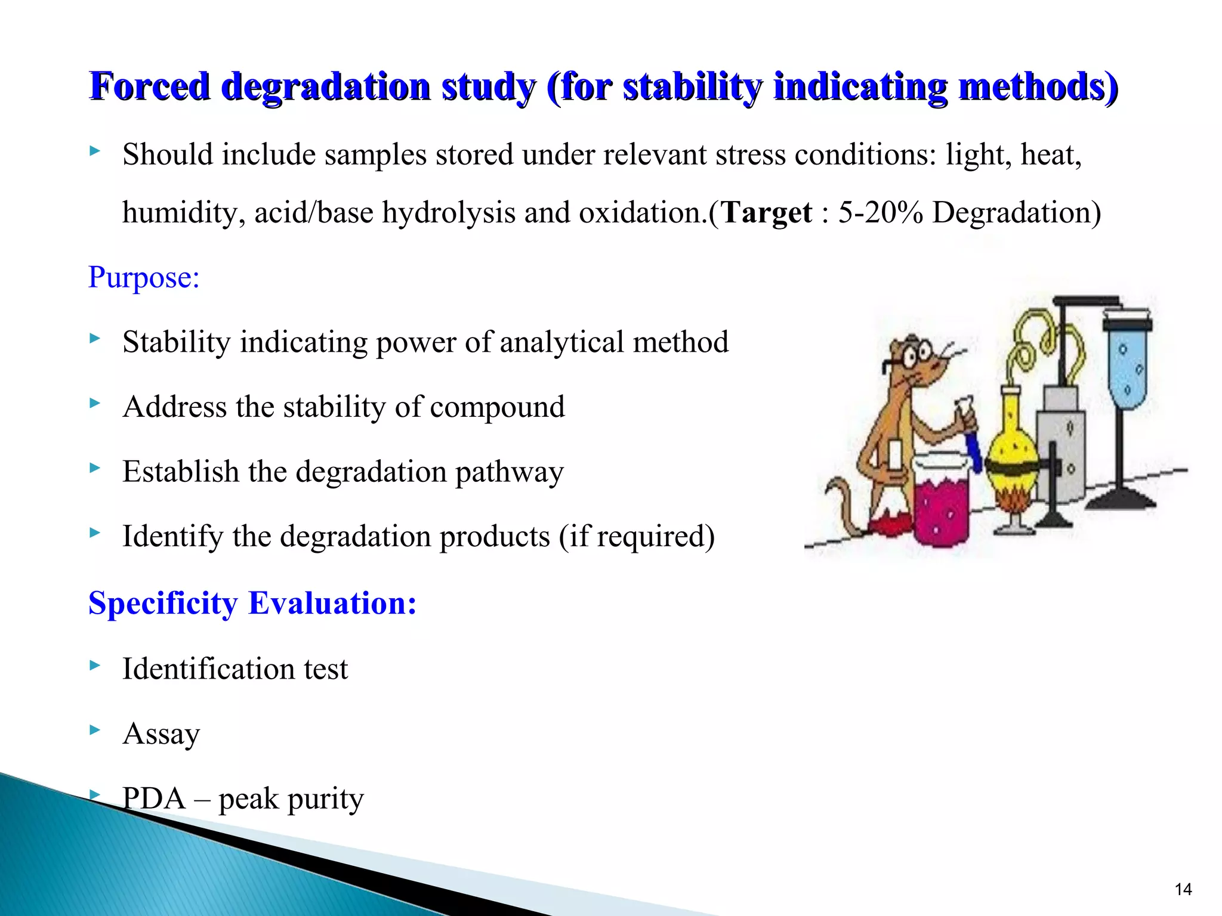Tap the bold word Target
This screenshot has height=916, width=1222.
[x=767, y=213]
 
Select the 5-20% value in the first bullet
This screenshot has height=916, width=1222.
[x=880, y=213]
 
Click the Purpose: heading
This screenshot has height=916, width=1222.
[x=144, y=278]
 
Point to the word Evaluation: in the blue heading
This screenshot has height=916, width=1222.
[x=332, y=604]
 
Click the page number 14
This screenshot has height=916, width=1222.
[x=1183, y=890]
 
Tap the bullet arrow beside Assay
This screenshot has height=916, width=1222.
[x=94, y=729]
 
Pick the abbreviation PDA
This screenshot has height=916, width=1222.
[x=154, y=799]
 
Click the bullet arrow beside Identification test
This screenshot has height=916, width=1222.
[x=94, y=664]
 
